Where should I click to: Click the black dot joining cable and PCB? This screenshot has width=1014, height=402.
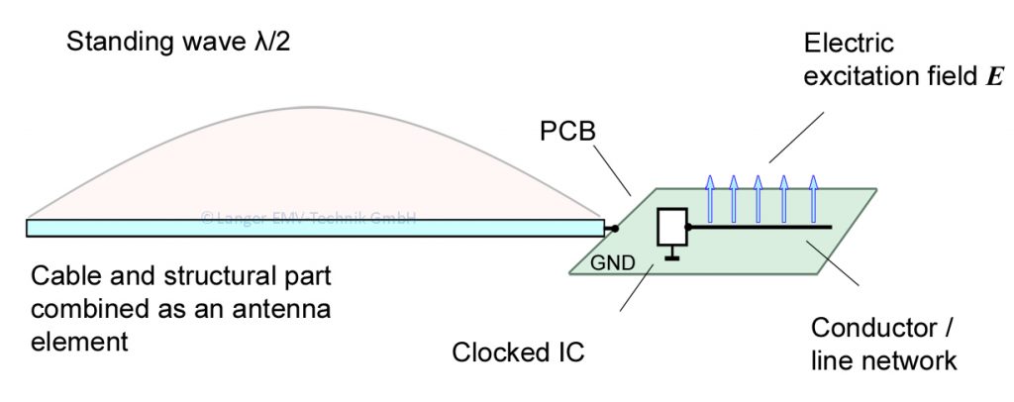click(x=614, y=229)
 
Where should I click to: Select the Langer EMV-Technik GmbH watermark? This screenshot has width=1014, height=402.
click(x=307, y=217)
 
